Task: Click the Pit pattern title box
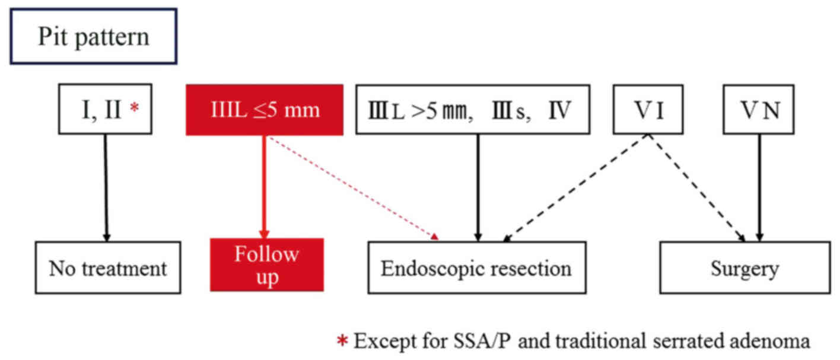point(93,37)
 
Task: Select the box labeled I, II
point(106,110)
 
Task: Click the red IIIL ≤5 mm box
point(265,110)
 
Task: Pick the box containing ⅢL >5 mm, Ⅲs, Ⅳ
point(473,110)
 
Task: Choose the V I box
point(648,110)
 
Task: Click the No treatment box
point(107,267)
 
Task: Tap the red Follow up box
point(266,265)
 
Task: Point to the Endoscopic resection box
point(476,267)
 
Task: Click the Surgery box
point(744,267)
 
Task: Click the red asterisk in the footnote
point(342,341)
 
